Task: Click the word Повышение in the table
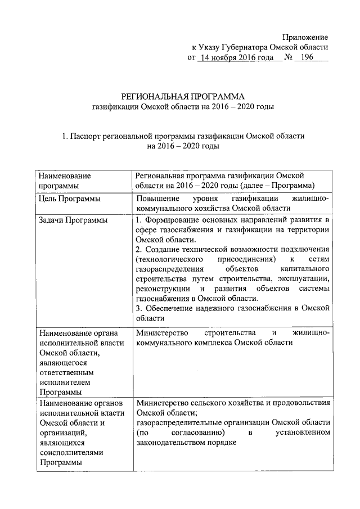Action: point(158,199)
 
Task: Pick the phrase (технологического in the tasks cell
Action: point(169,259)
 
